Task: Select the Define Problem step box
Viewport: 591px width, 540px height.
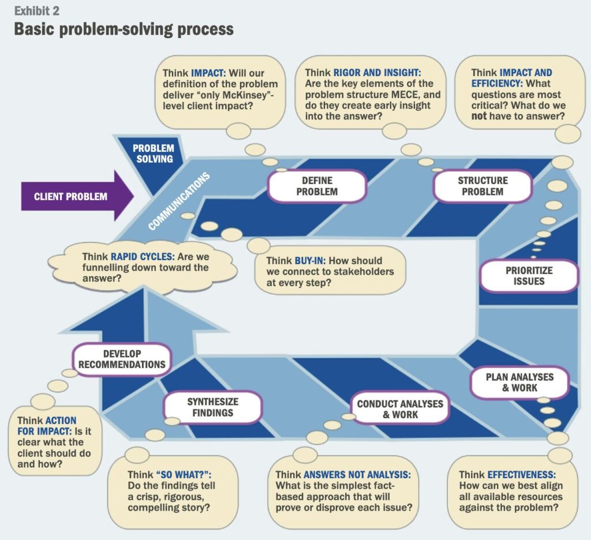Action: click(x=317, y=186)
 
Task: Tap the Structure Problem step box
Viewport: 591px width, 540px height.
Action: click(x=482, y=186)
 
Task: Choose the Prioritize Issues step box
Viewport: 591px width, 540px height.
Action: click(x=529, y=276)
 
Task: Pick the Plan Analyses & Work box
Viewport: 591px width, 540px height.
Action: click(x=519, y=382)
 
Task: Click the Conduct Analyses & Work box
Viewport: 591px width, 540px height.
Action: click(x=400, y=409)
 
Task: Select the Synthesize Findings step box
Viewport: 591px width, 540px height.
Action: click(x=212, y=407)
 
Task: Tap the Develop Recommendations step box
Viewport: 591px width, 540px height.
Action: click(x=122, y=359)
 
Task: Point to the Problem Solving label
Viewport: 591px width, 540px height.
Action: click(x=154, y=153)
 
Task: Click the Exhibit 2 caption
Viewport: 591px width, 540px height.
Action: click(x=36, y=11)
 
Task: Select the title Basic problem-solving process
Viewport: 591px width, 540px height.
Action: click(x=124, y=29)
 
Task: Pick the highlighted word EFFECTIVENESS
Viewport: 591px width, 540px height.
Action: click(x=526, y=475)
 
